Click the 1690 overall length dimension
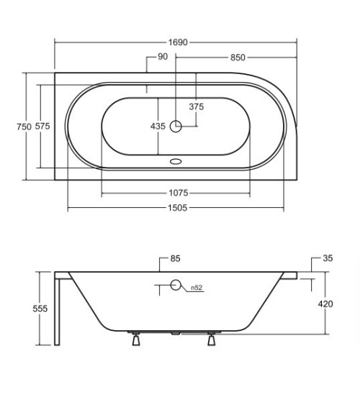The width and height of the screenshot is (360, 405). [x=178, y=42]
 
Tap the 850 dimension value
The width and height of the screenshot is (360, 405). [x=238, y=58]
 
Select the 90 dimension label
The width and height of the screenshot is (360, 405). [x=163, y=57]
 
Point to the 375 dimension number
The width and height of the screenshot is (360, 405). [x=197, y=106]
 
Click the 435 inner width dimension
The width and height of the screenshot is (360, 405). [x=158, y=127]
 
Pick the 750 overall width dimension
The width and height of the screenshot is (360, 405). [x=24, y=127]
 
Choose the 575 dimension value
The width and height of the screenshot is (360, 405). [x=42, y=127]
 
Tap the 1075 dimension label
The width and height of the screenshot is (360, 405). [x=179, y=193]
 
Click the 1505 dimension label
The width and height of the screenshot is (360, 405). [x=177, y=208]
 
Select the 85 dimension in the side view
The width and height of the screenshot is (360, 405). [x=175, y=258]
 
